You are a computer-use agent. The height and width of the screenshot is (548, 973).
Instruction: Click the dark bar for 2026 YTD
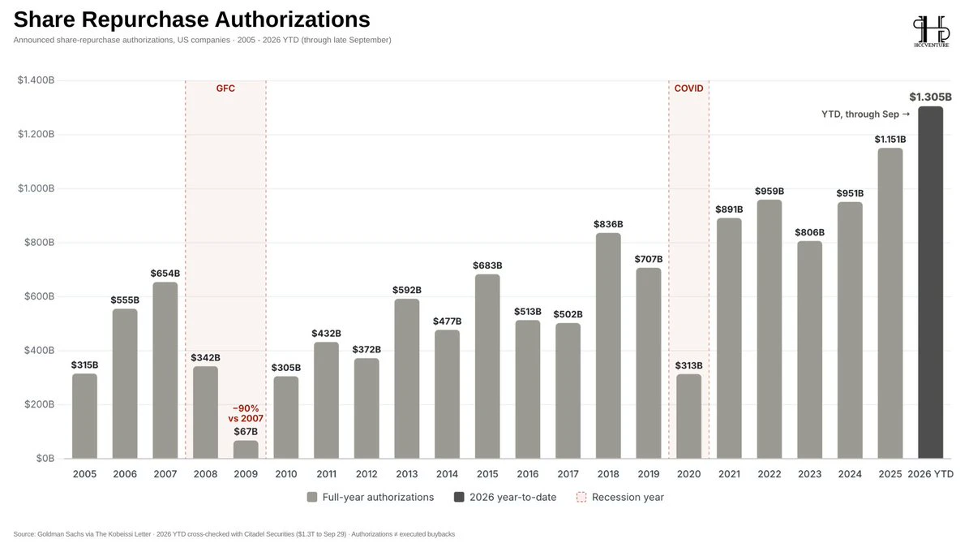click(931, 283)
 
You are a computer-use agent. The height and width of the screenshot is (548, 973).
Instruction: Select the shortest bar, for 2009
click(246, 449)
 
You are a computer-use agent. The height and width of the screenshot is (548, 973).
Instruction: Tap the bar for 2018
click(608, 346)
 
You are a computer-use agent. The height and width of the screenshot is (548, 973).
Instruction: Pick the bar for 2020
click(689, 416)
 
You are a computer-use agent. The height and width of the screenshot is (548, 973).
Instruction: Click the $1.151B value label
click(890, 139)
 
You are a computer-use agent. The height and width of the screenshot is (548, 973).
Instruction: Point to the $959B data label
click(769, 191)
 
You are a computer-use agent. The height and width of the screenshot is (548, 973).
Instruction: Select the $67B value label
click(246, 431)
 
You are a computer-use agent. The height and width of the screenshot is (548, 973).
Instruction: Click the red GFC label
click(225, 88)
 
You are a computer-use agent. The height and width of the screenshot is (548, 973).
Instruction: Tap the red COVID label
click(688, 88)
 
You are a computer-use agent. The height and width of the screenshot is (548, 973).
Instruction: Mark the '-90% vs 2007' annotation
click(246, 413)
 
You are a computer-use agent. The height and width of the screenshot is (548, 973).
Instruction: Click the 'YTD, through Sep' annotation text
click(860, 114)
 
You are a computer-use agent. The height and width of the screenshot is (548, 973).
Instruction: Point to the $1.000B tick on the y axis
click(36, 188)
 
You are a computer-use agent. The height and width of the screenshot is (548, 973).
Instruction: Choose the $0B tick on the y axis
click(45, 459)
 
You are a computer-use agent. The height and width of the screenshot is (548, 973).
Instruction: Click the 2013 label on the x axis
click(407, 474)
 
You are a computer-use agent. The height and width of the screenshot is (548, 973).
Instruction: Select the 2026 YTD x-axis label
click(931, 474)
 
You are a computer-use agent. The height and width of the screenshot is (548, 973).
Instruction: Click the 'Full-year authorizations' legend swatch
click(312, 497)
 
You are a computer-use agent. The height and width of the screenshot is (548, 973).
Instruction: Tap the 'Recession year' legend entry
click(619, 497)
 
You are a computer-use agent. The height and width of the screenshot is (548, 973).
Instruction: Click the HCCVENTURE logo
click(932, 32)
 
